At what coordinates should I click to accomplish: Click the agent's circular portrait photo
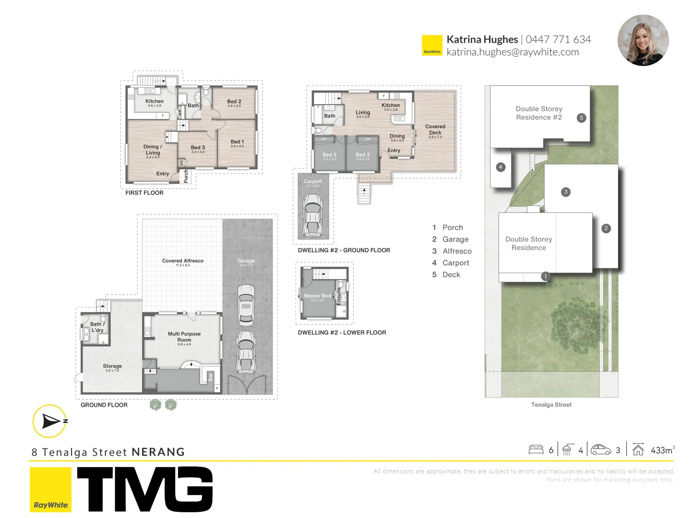(x=643, y=40)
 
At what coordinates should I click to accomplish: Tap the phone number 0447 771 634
(x=558, y=39)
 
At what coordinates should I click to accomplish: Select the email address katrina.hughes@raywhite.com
(x=512, y=52)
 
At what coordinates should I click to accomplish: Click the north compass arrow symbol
(x=50, y=421)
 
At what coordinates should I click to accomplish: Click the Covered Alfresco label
(x=183, y=261)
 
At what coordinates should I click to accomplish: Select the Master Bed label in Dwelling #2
(x=317, y=296)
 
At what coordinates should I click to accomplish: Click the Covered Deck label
(x=435, y=129)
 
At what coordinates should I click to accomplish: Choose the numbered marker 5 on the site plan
(x=581, y=118)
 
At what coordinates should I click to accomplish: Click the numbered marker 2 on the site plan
(x=606, y=228)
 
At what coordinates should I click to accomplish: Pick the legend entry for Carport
(x=455, y=263)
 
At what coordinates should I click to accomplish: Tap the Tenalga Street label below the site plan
(x=551, y=405)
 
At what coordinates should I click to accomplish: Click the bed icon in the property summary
(x=536, y=450)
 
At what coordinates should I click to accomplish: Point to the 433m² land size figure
(x=662, y=450)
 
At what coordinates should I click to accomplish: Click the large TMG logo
(x=144, y=489)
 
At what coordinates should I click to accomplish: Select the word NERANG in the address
(x=158, y=452)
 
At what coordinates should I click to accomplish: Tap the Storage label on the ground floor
(x=112, y=366)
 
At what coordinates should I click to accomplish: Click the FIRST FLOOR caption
(x=144, y=193)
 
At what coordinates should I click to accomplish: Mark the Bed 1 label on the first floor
(x=237, y=142)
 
